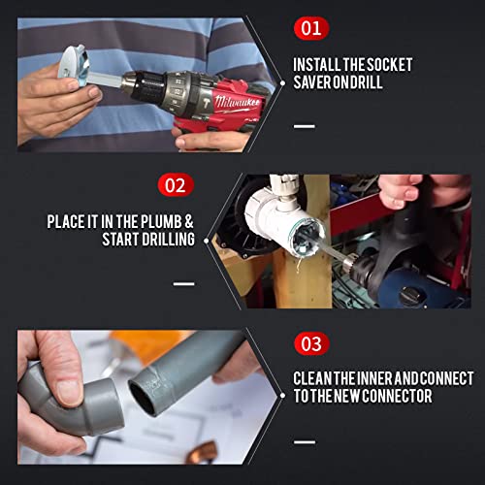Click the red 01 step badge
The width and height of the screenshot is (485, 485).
pos(310,28)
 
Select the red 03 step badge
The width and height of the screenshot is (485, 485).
pos(310,343)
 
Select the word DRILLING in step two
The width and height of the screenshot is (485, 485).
pos(162,239)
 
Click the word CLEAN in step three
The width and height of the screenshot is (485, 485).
pos(321,378)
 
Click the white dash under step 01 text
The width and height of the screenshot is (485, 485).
pos(304,125)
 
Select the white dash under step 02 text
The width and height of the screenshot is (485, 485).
pos(184,283)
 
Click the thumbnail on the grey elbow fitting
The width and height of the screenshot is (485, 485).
pos(67,389)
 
